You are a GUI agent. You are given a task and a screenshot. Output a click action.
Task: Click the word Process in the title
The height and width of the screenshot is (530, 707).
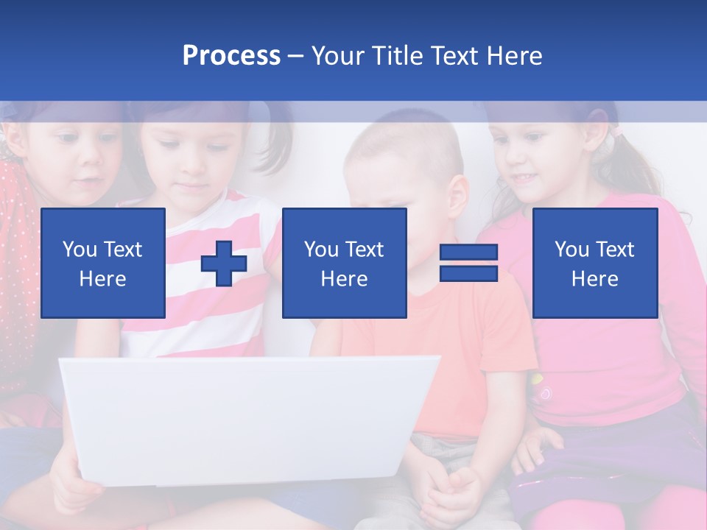pyautogui.click(x=231, y=56)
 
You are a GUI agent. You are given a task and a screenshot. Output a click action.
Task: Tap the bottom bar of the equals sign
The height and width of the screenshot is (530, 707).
pyautogui.click(x=468, y=273)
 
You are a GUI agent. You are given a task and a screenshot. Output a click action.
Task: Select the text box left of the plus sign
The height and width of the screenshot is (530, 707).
pyautogui.click(x=103, y=263)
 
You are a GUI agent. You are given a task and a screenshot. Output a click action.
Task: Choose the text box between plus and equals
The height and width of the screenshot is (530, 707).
pyautogui.click(x=344, y=263)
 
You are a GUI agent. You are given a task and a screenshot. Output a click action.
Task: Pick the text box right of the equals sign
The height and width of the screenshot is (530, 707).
pyautogui.click(x=594, y=263)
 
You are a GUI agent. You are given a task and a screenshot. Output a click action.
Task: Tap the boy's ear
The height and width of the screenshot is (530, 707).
pyautogui.click(x=457, y=197)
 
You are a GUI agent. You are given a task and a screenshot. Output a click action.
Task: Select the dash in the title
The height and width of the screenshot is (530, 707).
pyautogui.click(x=295, y=56)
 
